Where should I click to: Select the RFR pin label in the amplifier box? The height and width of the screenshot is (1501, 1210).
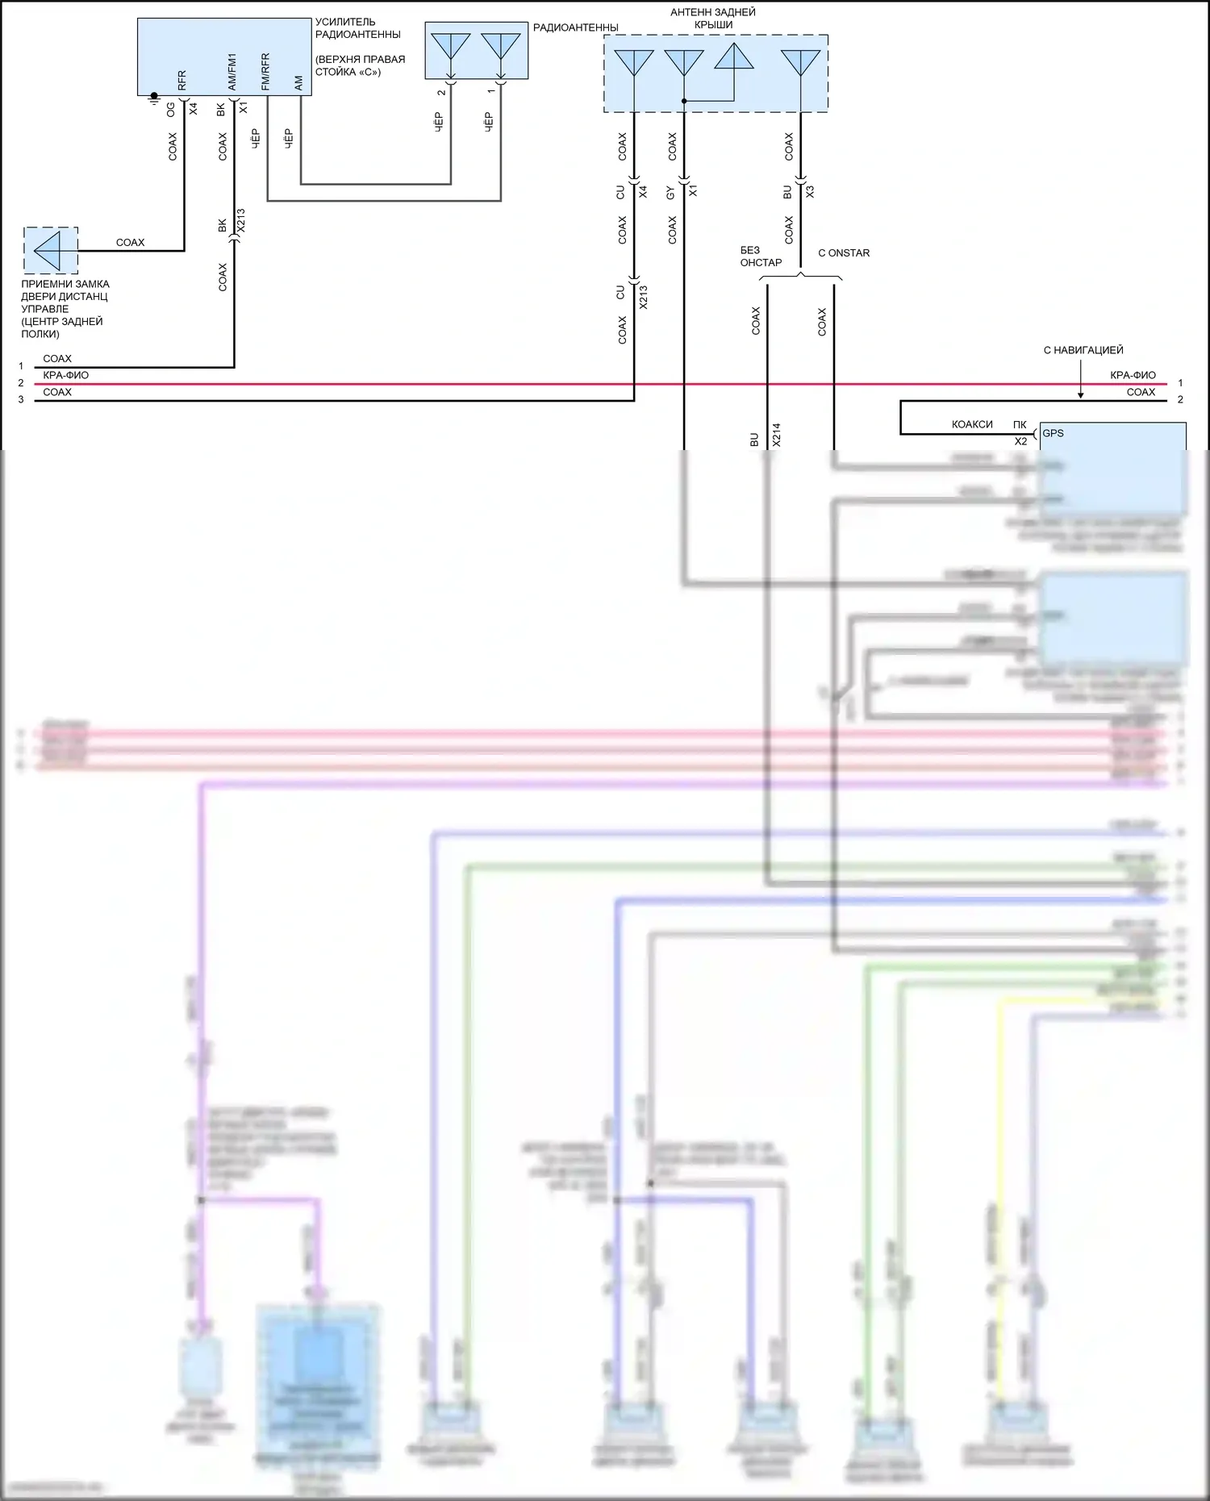pyautogui.click(x=181, y=80)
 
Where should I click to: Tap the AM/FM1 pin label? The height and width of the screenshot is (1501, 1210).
pyautogui.click(x=232, y=72)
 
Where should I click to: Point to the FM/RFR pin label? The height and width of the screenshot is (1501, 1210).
pyautogui.click(x=265, y=72)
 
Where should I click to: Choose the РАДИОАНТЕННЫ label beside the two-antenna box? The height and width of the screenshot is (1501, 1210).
pyautogui.click(x=575, y=27)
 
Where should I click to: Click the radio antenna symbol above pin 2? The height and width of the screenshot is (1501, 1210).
pyautogui.click(x=450, y=46)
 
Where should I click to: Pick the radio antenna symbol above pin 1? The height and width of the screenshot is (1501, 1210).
pyautogui.click(x=500, y=46)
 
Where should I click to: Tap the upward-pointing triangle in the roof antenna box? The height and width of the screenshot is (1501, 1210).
pyautogui.click(x=734, y=56)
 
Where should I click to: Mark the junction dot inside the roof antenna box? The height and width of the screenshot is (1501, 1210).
pyautogui.click(x=684, y=101)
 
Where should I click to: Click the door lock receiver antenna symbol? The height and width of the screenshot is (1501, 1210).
pyautogui.click(x=50, y=250)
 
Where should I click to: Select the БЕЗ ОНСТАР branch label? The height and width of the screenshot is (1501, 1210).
pyautogui.click(x=761, y=256)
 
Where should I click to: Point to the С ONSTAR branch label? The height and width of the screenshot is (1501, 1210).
pyautogui.click(x=844, y=253)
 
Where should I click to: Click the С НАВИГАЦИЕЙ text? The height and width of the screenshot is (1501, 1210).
pyautogui.click(x=1083, y=350)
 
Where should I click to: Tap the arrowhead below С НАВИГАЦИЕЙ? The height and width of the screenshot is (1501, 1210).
pyautogui.click(x=1081, y=394)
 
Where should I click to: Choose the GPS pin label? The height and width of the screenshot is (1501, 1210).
pyautogui.click(x=1053, y=433)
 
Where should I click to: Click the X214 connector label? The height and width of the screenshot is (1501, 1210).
pyautogui.click(x=777, y=436)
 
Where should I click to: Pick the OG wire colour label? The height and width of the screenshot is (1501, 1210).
pyautogui.click(x=171, y=109)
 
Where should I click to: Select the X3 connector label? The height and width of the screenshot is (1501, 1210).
pyautogui.click(x=810, y=192)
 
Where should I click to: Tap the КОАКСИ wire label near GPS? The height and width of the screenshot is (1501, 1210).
pyautogui.click(x=972, y=424)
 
